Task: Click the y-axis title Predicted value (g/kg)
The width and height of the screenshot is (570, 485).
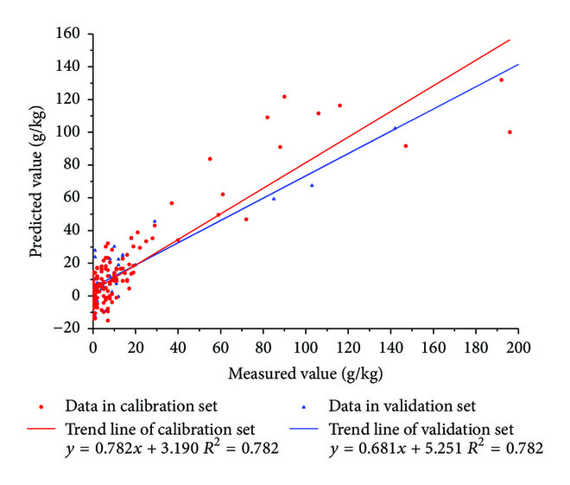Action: coord(37,182)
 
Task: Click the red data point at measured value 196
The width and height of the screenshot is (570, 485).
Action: coord(510,132)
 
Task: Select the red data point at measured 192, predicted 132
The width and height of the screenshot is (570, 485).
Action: coord(501,80)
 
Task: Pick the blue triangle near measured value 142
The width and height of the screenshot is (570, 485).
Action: coord(395,128)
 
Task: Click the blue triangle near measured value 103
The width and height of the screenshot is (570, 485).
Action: coord(312,185)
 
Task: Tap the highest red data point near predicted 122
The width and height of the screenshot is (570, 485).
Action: coord(284,97)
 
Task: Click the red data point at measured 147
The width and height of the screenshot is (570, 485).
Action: coord(405,145)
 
